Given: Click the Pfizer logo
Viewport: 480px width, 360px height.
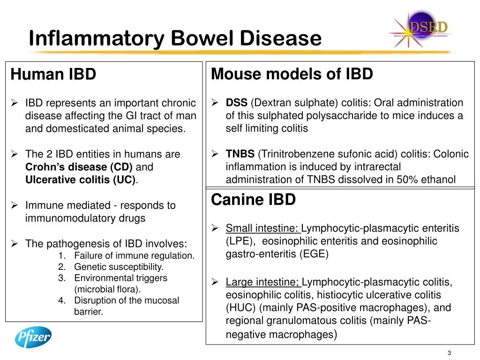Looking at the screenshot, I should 33,337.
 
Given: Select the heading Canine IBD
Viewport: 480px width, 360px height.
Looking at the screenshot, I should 254,200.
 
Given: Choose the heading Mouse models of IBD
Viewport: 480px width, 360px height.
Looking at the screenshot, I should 292,74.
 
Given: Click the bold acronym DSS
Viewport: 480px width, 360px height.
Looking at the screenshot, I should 237,103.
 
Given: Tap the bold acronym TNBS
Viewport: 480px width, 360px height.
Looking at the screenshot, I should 240,154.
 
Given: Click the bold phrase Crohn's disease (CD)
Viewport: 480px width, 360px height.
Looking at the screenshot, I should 79,167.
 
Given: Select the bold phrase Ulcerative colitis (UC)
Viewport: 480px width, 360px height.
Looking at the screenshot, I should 80,180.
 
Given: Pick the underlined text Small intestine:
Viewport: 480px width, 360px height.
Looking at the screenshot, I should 262,228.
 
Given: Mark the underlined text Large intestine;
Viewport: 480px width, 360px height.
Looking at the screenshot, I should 262,282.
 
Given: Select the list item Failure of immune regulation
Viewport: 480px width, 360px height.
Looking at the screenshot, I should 134,256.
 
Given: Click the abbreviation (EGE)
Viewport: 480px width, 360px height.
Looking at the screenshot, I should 313,254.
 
